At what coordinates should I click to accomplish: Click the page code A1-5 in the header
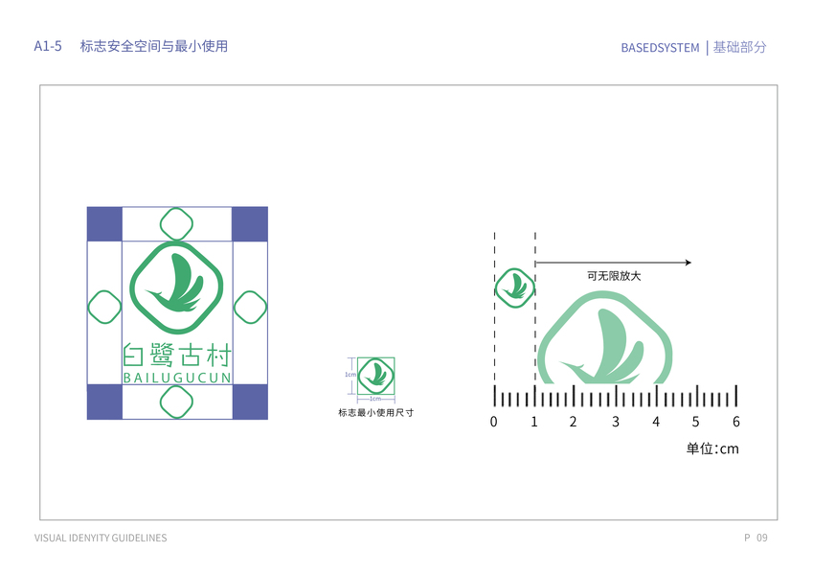click(48, 46)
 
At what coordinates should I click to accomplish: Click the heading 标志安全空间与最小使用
click(154, 46)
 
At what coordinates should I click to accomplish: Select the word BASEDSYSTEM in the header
click(660, 47)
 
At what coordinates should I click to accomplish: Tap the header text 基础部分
click(740, 47)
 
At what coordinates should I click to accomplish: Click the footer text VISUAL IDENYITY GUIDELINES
click(101, 538)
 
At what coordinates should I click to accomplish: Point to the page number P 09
click(756, 538)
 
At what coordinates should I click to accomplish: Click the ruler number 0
click(494, 422)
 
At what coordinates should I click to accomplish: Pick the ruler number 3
click(615, 422)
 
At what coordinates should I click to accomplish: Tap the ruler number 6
click(735, 422)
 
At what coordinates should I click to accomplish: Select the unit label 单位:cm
click(711, 448)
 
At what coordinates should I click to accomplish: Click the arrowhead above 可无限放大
click(687, 262)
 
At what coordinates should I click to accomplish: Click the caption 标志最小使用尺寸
click(375, 413)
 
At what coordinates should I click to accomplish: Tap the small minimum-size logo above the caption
click(375, 375)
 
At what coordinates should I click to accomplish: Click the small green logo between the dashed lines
click(514, 287)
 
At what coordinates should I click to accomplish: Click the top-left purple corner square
click(104, 223)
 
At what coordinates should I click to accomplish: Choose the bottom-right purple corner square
click(249, 401)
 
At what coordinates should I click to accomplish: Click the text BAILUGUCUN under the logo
click(177, 379)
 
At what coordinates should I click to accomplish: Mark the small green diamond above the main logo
click(176, 223)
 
